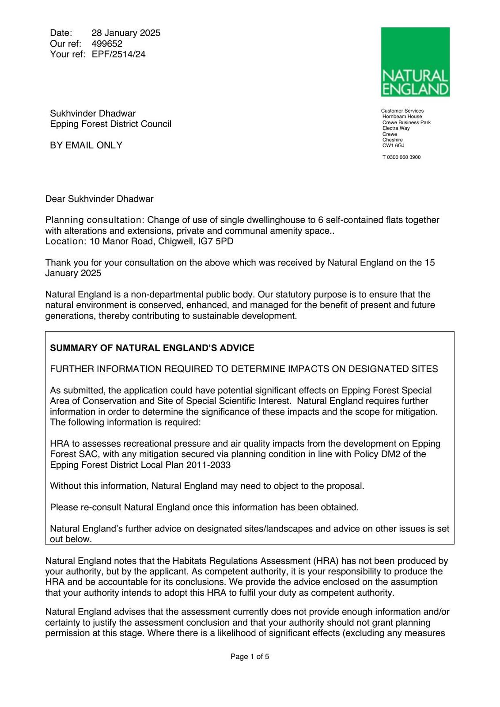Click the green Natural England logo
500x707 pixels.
(x=415, y=62)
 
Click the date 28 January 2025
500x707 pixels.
(x=126, y=33)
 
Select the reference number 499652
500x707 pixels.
(x=107, y=44)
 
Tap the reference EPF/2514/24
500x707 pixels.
(x=118, y=54)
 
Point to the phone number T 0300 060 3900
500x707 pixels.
(x=402, y=157)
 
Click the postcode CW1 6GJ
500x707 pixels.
(x=393, y=145)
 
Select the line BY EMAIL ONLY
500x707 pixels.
(x=86, y=145)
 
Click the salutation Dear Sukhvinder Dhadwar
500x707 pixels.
(x=99, y=199)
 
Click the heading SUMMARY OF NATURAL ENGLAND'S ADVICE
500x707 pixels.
(x=152, y=348)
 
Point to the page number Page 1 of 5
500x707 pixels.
(x=250, y=657)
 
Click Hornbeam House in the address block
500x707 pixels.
(x=402, y=117)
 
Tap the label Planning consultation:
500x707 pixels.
(x=95, y=220)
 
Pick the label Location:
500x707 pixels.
(x=66, y=242)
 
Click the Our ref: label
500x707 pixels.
(x=66, y=44)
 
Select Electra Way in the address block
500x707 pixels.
(x=396, y=128)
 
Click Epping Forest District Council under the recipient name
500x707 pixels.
(x=110, y=124)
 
